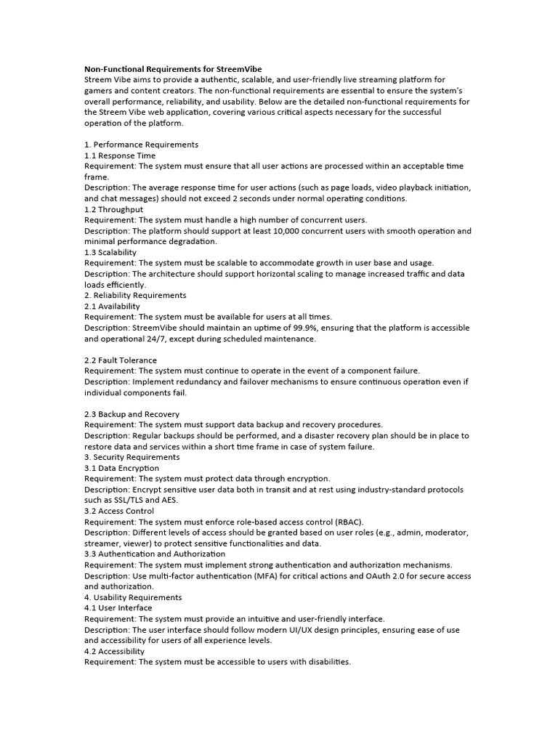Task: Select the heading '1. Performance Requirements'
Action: point(141,145)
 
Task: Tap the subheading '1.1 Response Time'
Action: point(120,155)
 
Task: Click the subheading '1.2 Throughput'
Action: point(113,209)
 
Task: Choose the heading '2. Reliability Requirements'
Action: point(135,296)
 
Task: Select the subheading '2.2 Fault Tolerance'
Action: point(121,360)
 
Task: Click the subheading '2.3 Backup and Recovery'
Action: point(132,414)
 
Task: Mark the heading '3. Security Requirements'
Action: point(132,457)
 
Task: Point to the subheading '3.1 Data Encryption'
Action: point(121,468)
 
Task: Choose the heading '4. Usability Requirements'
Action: point(133,597)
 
